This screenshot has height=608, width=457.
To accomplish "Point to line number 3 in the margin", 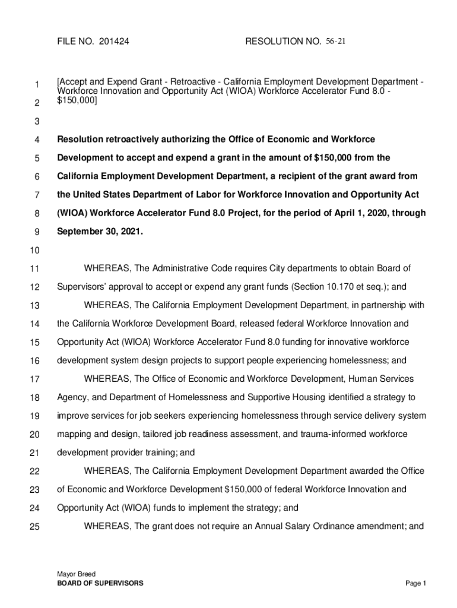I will pos(36,122).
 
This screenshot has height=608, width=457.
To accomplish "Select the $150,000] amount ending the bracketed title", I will pos(77,102).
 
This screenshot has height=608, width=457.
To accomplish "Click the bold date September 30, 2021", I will pos(100,232).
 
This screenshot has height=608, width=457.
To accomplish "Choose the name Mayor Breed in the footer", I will pos(76,574).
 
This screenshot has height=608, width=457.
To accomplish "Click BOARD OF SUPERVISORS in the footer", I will pos(100,584).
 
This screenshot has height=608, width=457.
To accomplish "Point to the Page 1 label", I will pos(416,584).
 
